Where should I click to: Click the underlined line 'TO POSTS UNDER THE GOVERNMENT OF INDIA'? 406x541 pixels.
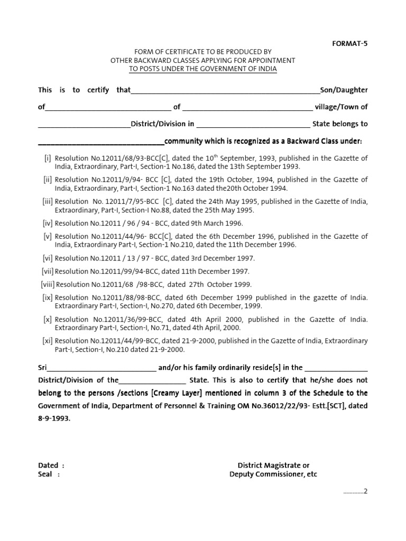[x=203, y=69]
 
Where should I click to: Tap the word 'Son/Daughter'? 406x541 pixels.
[x=344, y=90]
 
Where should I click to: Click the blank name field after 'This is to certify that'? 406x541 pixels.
[x=225, y=91]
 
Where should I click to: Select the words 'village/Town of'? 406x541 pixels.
[x=342, y=107]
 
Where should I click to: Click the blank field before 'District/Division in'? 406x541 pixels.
[x=84, y=125]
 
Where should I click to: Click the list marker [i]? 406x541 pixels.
[x=48, y=158]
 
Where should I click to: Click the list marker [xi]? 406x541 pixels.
[x=48, y=341]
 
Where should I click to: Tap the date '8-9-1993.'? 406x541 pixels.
[x=54, y=417]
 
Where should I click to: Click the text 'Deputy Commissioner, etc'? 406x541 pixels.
[x=273, y=474]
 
